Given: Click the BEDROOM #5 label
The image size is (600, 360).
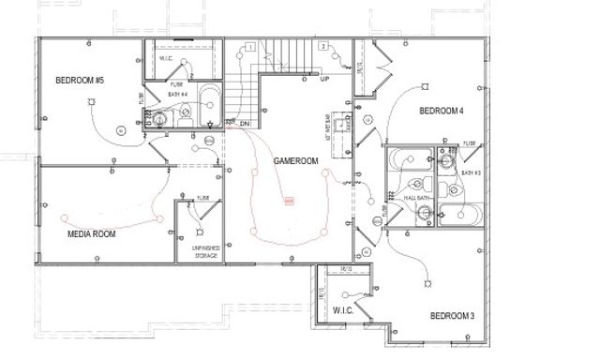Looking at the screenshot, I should click(80, 81).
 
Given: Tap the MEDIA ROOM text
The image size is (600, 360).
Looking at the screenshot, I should click(92, 233).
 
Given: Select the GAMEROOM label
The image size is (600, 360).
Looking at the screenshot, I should click(296, 161).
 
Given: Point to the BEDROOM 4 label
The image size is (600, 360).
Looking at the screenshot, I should click(442, 112).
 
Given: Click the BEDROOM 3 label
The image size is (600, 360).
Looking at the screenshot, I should click(452, 316).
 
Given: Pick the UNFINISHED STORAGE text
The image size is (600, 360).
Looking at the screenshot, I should click(205, 251).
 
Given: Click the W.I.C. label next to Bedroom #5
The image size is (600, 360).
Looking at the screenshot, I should click(166, 58).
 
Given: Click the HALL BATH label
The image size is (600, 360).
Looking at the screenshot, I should click(416, 199).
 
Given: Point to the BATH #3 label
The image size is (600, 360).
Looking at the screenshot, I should click(471, 172).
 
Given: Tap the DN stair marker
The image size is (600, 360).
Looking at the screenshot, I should click(244, 123).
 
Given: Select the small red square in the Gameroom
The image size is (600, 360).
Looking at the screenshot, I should click(289, 200).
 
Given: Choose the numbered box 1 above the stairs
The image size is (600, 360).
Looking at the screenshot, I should click(250, 46).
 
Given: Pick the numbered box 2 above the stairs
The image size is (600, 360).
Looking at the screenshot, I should click(322, 46).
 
